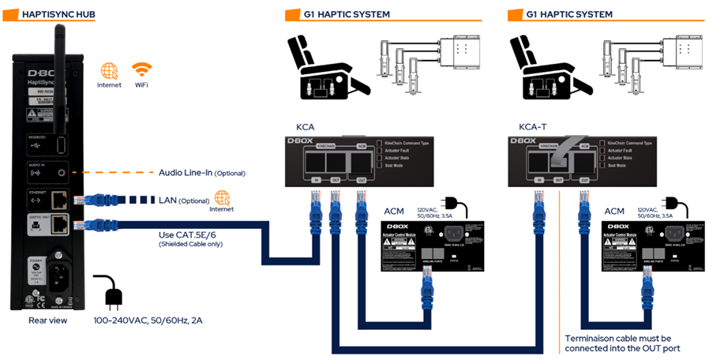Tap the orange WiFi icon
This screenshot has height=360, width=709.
pos(142,69)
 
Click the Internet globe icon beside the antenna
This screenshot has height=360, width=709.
pos(109,69)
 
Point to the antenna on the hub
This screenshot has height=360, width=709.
pos(58,47)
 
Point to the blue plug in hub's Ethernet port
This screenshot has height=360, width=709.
pos(89,200)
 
